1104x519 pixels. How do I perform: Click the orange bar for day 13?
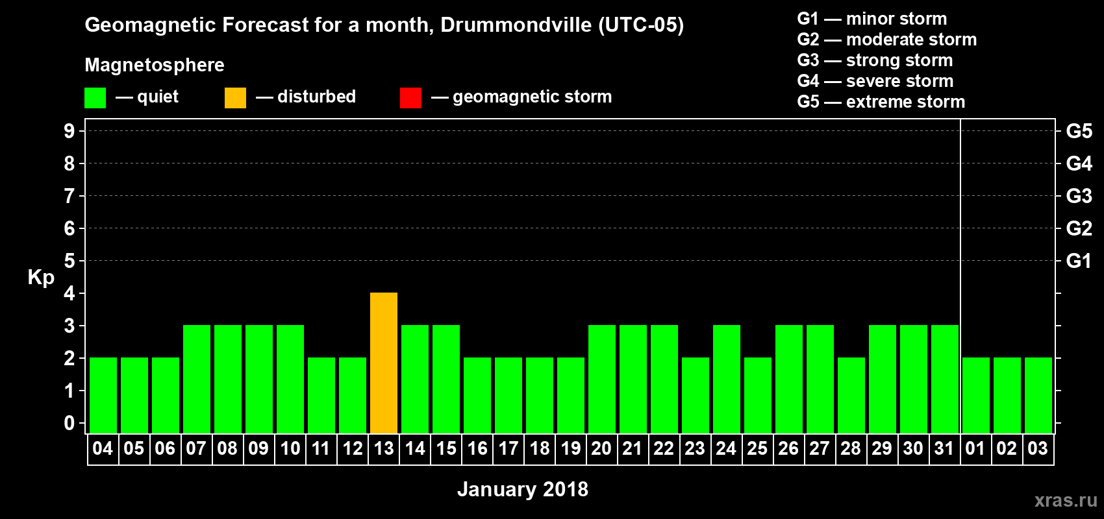tap(384, 363)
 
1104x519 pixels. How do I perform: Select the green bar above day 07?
tap(197, 379)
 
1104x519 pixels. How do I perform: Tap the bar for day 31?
tap(945, 379)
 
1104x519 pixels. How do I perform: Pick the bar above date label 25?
tap(758, 395)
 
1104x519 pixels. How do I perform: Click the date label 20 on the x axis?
tap(601, 448)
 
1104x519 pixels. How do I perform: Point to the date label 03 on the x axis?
tap(1038, 448)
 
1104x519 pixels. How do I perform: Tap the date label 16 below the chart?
tap(477, 448)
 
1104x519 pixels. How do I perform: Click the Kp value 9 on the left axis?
tap(69, 131)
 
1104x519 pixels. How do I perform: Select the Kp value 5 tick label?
tap(69, 261)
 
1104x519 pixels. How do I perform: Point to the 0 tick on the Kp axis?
tap(69, 423)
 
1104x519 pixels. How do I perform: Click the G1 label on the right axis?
tap(1079, 261)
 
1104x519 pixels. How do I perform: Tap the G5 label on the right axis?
tap(1079, 131)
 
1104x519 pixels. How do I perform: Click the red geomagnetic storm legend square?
tap(410, 98)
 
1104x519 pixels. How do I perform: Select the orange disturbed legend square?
tap(235, 98)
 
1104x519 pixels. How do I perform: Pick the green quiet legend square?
tap(95, 98)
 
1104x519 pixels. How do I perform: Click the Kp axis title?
tap(41, 277)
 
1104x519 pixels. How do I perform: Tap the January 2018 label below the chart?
tap(523, 489)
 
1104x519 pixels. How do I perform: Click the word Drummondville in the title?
tap(516, 25)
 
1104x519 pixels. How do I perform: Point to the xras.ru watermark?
tap(1066, 500)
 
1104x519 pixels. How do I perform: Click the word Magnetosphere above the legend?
tap(155, 65)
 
